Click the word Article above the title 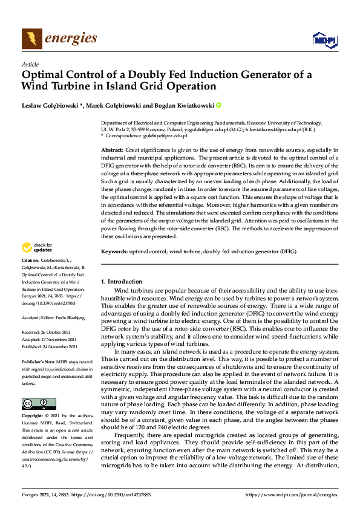click(30, 64)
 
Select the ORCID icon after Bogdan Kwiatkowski click(219, 105)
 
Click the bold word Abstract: click(113, 149)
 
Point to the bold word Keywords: click(114, 250)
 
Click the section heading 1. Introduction click(122, 282)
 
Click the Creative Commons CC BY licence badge click(39, 403)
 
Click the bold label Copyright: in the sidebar click(33, 417)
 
